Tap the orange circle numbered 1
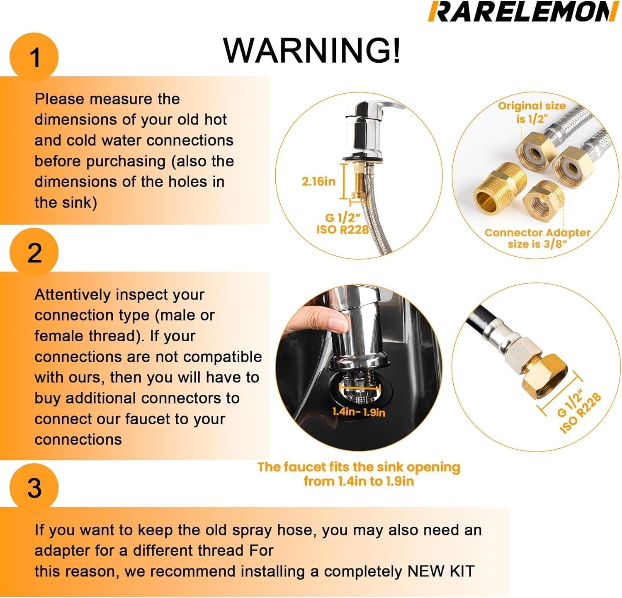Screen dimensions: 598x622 click(34, 57)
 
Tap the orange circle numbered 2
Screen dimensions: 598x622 click(34, 252)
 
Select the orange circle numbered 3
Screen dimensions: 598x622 click(34, 488)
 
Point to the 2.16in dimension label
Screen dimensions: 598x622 click(318, 181)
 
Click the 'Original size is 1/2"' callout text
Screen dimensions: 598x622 click(532, 112)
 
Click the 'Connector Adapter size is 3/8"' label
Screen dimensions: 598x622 click(537, 238)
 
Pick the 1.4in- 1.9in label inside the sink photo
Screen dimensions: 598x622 click(359, 412)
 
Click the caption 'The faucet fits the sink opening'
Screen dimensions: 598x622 click(358, 467)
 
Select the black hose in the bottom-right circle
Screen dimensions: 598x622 click(481, 321)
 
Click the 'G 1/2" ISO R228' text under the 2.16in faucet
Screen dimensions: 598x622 click(342, 224)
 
